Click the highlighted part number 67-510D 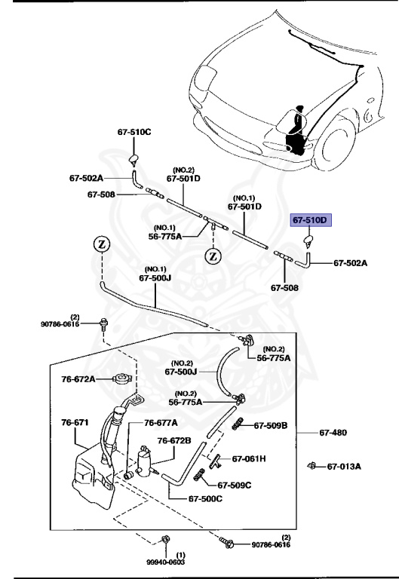coord(311,220)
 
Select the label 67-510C coord(134,132)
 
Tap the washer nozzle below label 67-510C coord(134,158)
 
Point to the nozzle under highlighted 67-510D coord(308,241)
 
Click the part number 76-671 coord(75,423)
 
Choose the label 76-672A coord(78,379)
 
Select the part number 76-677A coord(161,423)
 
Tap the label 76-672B coord(174,440)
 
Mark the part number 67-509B coord(271,426)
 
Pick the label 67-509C coord(235,485)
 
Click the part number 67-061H coord(249,458)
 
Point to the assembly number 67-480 coord(334,432)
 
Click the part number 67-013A coord(344,466)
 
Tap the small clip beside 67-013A coord(311,465)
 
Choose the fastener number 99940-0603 coord(165,561)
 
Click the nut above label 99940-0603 coord(164,538)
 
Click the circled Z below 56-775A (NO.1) coord(213,256)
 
